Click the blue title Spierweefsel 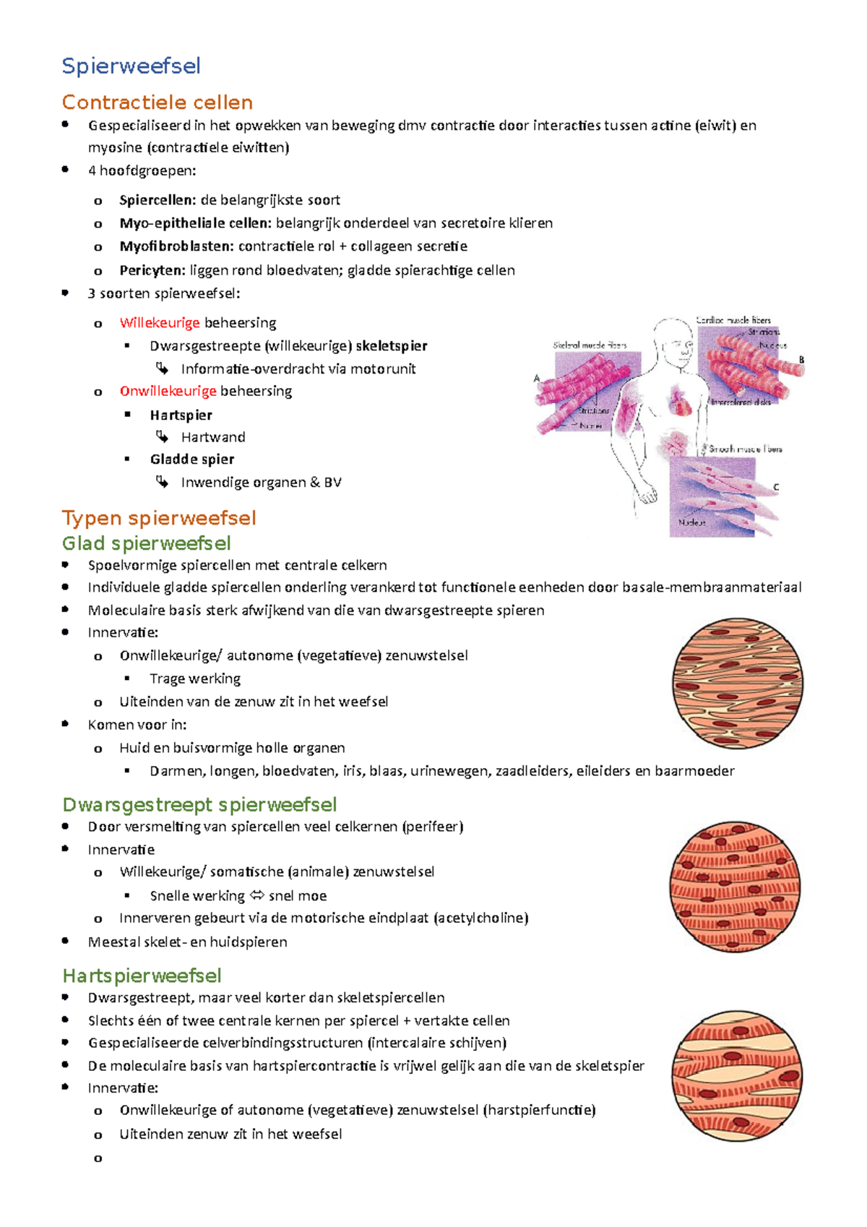coord(131,66)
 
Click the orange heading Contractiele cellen coord(157,103)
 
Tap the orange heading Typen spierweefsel coord(159,518)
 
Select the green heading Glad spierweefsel coord(146,543)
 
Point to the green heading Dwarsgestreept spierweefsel coord(199,805)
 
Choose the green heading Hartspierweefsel coord(142,976)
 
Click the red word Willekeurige coord(160,323)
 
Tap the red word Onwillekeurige coord(168,392)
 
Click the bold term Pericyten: coord(152,270)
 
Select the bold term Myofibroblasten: coord(176,246)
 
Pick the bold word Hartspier coord(181,416)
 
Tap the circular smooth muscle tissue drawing coord(738,683)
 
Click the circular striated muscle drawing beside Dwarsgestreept coord(736,887)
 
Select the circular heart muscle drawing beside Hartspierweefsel coord(737,1075)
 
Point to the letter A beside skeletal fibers coord(537,378)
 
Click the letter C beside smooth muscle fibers coord(776,488)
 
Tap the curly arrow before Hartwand coord(163,437)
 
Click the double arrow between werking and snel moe coord(256,896)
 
